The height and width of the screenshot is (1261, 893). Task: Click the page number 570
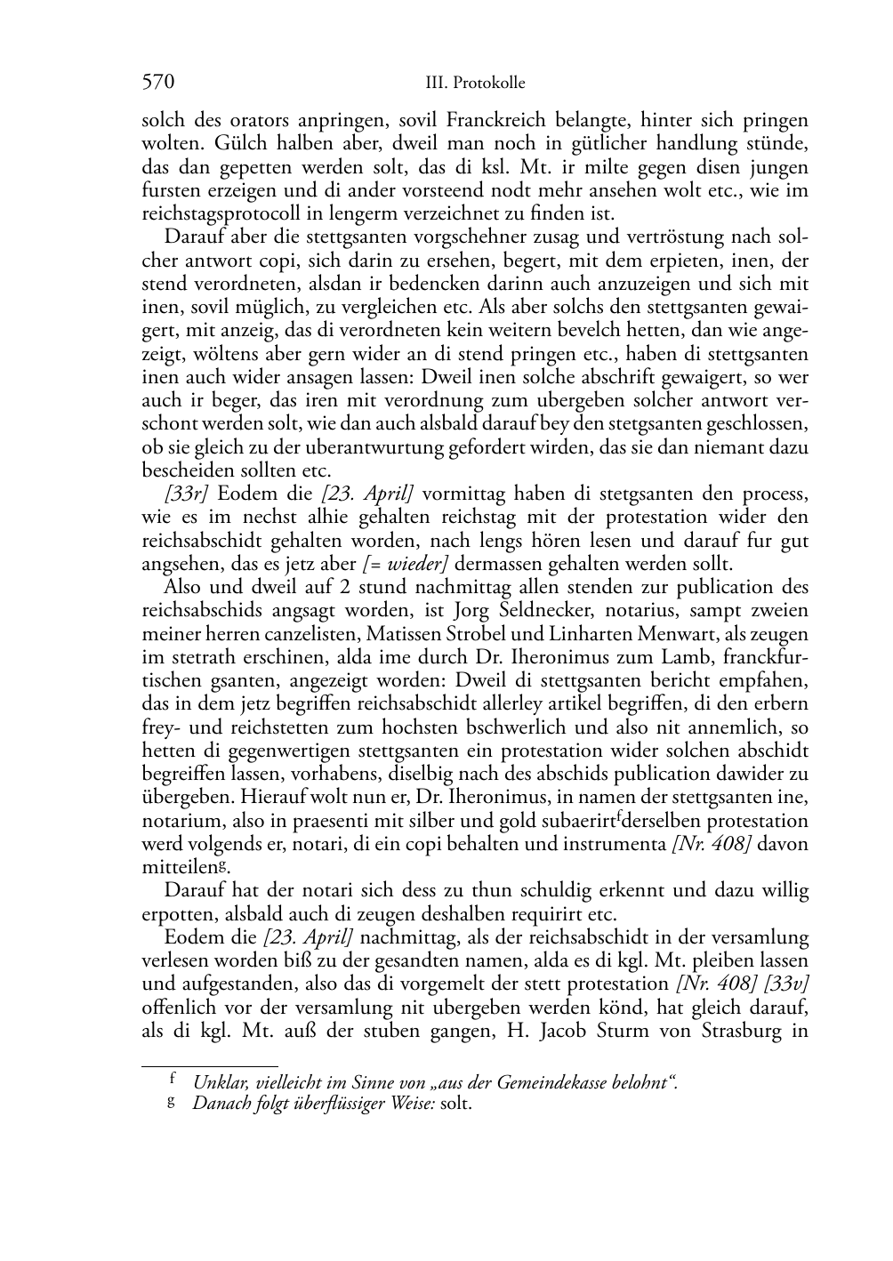(x=157, y=83)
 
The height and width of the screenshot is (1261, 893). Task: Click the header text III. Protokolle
(x=475, y=84)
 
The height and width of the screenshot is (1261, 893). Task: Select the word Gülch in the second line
(x=166, y=143)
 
